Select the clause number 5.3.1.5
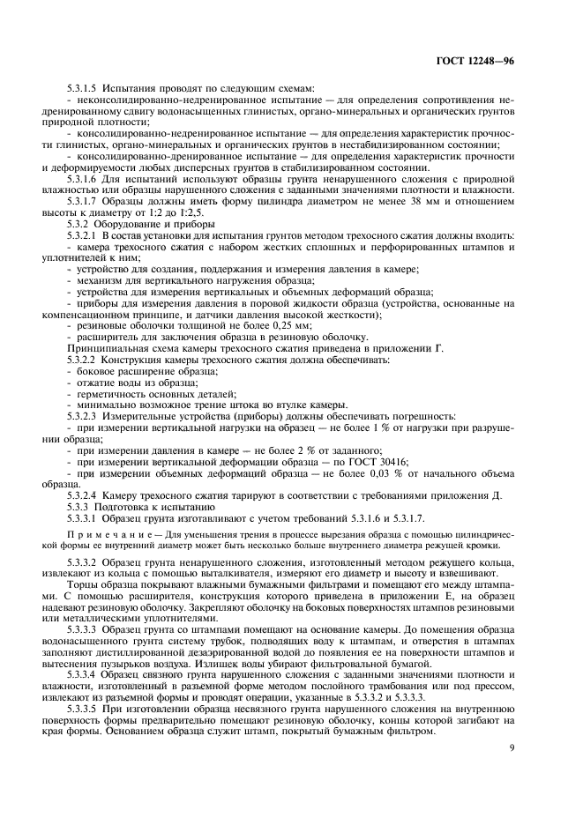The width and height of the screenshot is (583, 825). pyautogui.click(x=83, y=90)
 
